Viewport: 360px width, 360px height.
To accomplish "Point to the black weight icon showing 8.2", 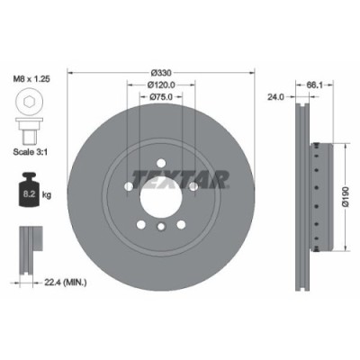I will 27,190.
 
